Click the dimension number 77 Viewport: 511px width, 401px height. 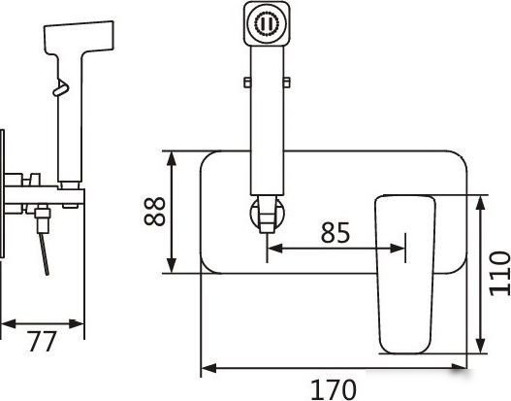click(x=43, y=342)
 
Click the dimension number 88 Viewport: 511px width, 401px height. click(x=154, y=212)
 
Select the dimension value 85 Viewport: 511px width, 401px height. click(x=335, y=233)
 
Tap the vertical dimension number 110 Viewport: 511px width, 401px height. click(x=500, y=274)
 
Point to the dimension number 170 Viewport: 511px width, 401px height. click(x=334, y=389)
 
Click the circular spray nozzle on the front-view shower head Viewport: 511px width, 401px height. click(x=267, y=23)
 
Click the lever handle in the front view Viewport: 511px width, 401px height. click(x=405, y=275)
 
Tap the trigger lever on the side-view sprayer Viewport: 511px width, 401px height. click(x=61, y=87)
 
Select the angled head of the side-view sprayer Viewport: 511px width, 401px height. click(x=80, y=37)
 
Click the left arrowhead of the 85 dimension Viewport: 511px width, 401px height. click(x=274, y=249)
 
